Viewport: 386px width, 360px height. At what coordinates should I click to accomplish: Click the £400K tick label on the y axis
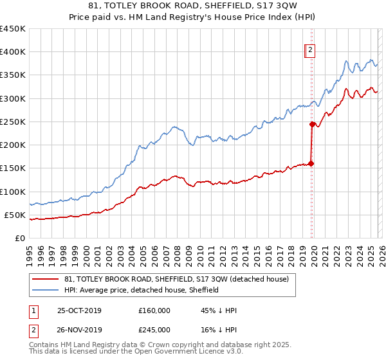[x=12, y=52]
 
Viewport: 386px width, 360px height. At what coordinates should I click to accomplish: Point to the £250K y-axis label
[x=12, y=122]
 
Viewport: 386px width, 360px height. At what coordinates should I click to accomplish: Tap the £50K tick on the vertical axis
[x=15, y=215]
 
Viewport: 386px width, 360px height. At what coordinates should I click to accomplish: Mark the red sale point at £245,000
[x=312, y=124]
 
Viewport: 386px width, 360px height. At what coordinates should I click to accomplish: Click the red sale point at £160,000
[x=311, y=163]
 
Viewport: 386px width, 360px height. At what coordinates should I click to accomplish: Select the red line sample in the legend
[x=46, y=280]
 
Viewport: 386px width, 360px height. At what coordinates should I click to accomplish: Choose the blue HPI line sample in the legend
[x=46, y=290]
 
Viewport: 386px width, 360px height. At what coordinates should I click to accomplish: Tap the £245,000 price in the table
[x=154, y=330]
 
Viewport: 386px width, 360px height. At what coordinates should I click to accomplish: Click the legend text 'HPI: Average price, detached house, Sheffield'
[x=142, y=290]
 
